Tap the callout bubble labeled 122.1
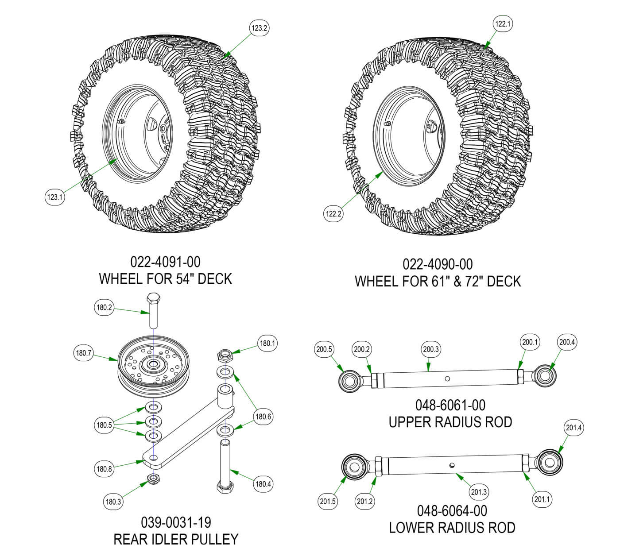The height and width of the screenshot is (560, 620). click(503, 24)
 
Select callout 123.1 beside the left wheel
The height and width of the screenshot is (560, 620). click(55, 197)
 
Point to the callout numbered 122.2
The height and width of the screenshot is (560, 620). click(333, 214)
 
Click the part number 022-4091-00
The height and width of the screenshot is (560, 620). click(165, 262)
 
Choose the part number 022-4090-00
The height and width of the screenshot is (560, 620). click(438, 264)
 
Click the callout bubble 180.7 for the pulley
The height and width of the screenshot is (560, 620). click(83, 353)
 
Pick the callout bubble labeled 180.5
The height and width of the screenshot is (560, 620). click(104, 425)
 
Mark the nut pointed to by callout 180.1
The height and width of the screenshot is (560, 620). click(224, 355)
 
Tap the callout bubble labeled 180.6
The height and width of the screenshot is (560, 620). click(263, 416)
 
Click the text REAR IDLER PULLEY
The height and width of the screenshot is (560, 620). click(176, 539)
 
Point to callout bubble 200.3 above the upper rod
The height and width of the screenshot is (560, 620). click(430, 349)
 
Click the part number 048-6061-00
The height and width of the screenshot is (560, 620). click(450, 405)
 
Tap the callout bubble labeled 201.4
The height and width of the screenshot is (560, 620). click(574, 428)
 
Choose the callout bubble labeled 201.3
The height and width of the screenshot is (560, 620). click(479, 492)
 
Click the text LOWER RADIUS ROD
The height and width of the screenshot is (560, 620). click(452, 528)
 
